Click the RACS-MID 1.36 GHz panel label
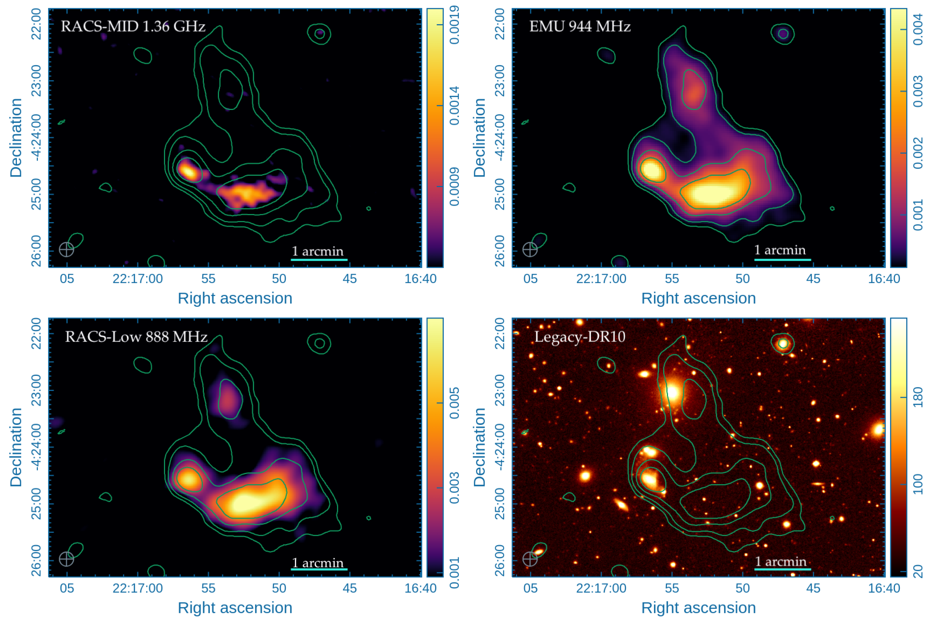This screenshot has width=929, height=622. click(x=133, y=26)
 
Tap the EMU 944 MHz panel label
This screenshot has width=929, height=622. click(x=580, y=26)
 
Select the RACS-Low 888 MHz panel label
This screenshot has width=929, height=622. click(x=136, y=337)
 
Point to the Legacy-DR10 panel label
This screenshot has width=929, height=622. click(x=580, y=337)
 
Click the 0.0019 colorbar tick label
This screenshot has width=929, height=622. click(x=454, y=24)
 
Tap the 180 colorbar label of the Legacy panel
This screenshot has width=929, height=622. click(x=918, y=397)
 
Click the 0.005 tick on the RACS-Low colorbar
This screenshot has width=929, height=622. click(x=454, y=403)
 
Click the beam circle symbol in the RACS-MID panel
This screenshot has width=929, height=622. click(x=66, y=250)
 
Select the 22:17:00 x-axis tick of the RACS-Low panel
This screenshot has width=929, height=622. click(x=137, y=588)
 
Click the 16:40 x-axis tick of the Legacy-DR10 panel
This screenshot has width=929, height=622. click(x=884, y=588)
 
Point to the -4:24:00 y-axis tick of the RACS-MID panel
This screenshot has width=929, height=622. click(x=36, y=138)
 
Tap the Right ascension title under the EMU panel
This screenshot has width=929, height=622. click(x=698, y=298)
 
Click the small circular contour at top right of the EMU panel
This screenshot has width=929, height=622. click(x=783, y=34)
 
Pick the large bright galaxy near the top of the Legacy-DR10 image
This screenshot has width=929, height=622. click(x=672, y=392)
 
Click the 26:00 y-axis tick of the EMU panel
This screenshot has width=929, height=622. click(x=500, y=251)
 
